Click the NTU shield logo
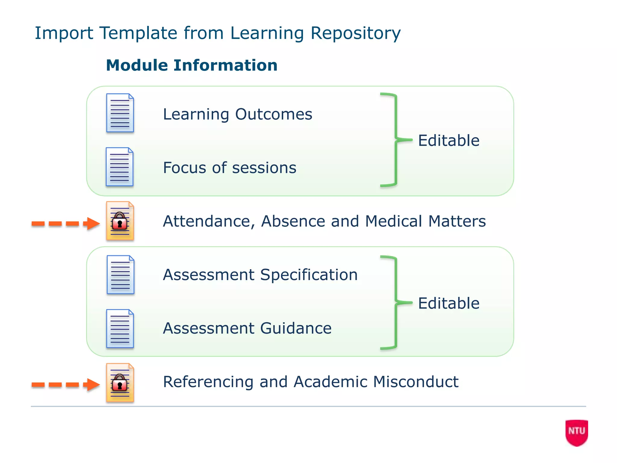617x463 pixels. click(x=577, y=432)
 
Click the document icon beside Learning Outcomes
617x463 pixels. click(x=120, y=113)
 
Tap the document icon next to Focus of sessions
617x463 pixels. click(x=120, y=167)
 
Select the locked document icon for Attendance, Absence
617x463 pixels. click(x=120, y=221)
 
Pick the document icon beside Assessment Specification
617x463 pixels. click(x=120, y=275)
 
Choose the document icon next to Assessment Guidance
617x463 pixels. click(x=120, y=329)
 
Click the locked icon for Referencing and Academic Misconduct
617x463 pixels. click(x=120, y=383)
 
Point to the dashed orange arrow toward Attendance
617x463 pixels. click(x=65, y=223)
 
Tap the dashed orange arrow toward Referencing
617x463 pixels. click(x=65, y=384)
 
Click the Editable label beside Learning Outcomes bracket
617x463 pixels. click(x=449, y=140)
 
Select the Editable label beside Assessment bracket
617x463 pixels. click(x=449, y=303)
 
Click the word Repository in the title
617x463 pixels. click(x=355, y=33)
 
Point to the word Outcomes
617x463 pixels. click(x=274, y=114)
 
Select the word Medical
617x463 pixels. click(x=393, y=221)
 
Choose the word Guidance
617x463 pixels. click(x=296, y=328)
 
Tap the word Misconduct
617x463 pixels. click(x=416, y=382)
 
